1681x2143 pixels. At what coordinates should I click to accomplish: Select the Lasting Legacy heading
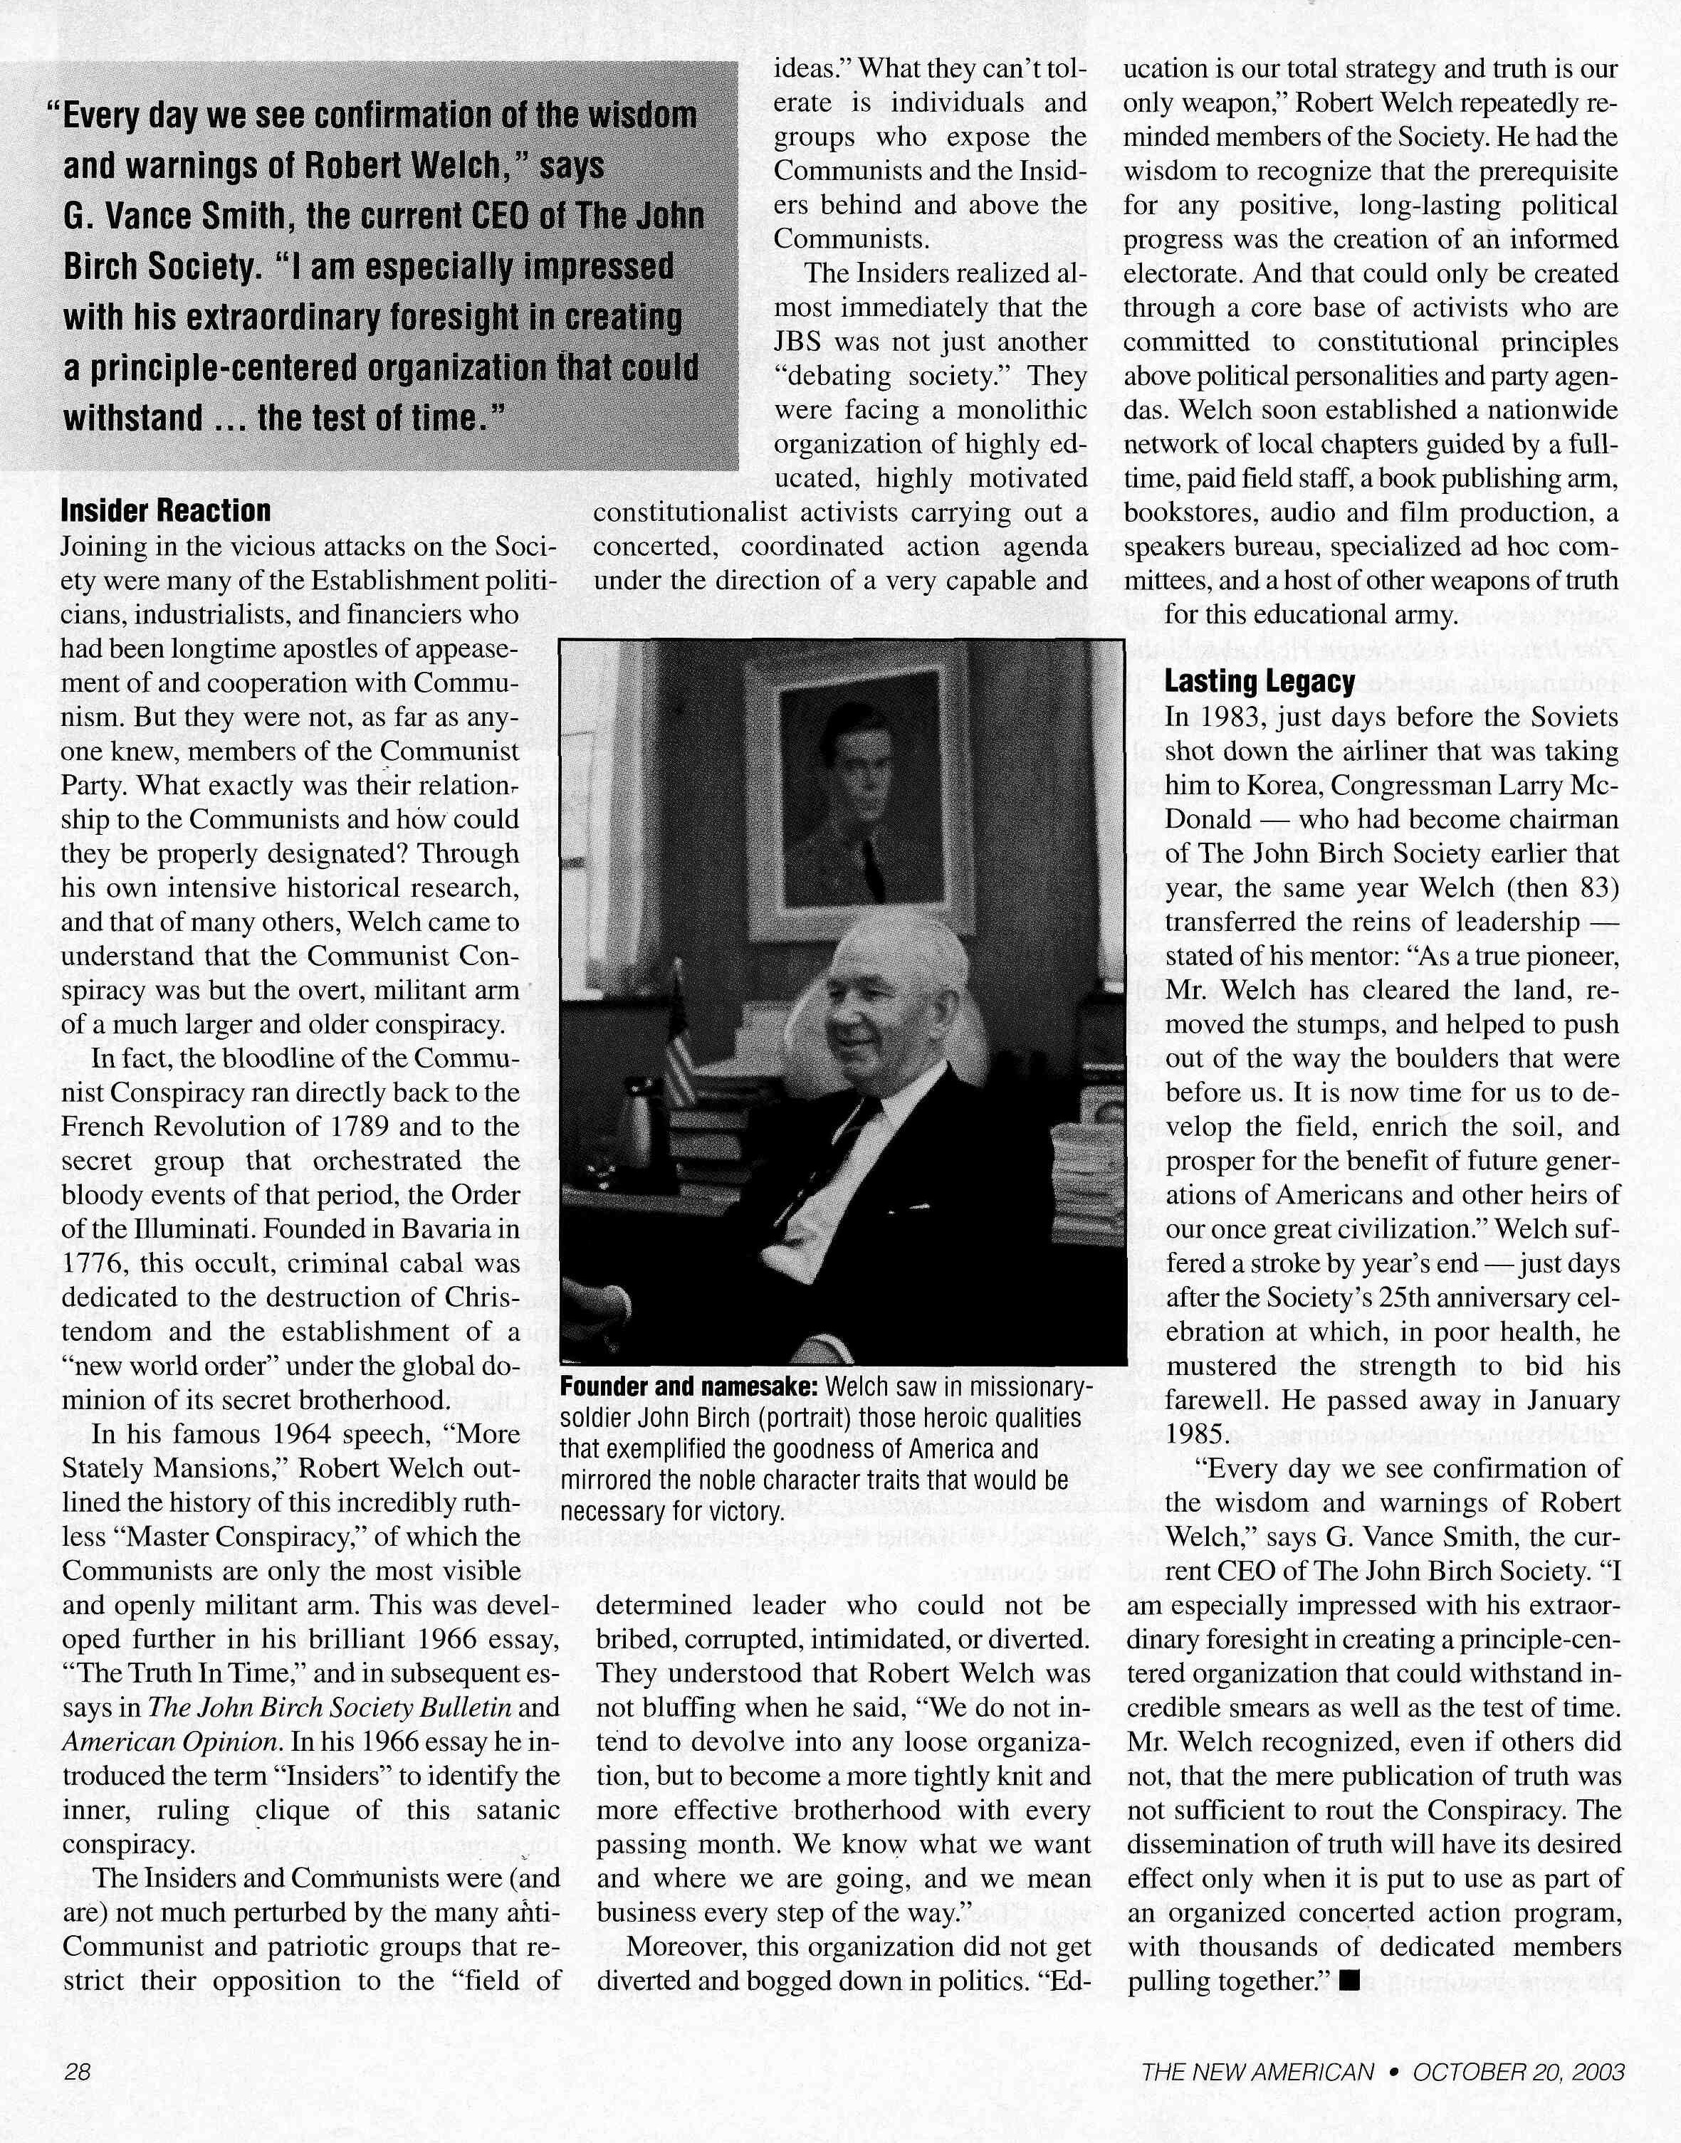point(1260,681)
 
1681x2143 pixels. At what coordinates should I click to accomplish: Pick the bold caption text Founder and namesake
point(689,1387)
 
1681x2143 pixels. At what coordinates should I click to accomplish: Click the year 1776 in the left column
point(88,1263)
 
